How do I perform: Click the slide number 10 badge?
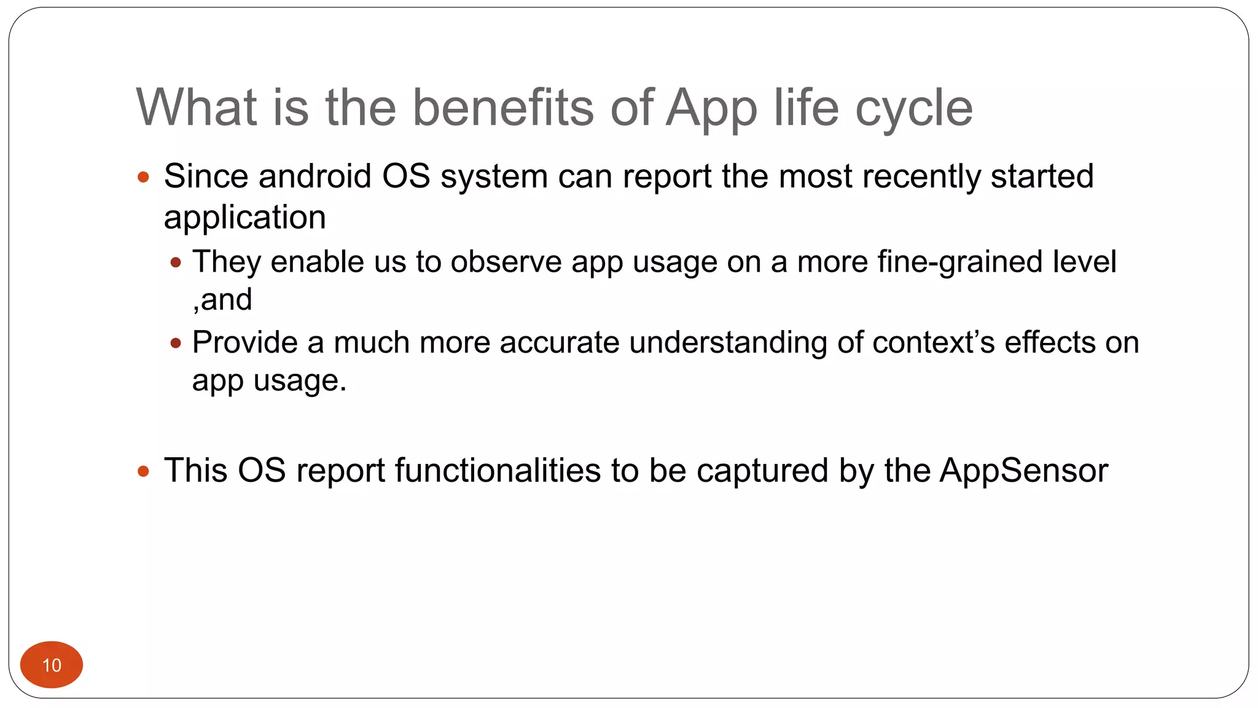pyautogui.click(x=52, y=664)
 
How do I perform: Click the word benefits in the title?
pyautogui.click(x=502, y=108)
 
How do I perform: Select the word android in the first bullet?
pyautogui.click(x=314, y=176)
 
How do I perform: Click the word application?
pyautogui.click(x=244, y=218)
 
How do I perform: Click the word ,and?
pyautogui.click(x=222, y=300)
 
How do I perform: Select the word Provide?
pyautogui.click(x=245, y=342)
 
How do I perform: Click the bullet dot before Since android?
pyautogui.click(x=144, y=178)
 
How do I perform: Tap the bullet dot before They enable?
pyautogui.click(x=176, y=263)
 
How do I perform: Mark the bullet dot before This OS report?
pyautogui.click(x=144, y=471)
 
